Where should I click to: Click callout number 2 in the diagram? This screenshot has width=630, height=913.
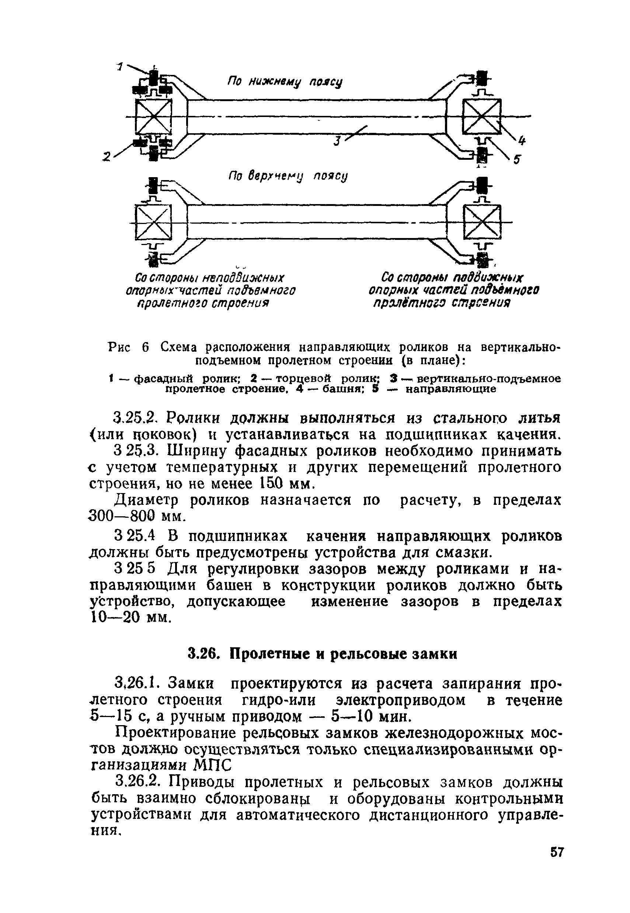pos(106,157)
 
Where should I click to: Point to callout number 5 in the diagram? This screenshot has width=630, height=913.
pos(517,159)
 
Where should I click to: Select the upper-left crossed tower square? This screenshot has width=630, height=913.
pos(154,117)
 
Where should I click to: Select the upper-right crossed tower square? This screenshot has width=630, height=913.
pos(481,117)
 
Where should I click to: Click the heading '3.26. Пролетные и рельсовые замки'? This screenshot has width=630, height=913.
pos(322,654)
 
